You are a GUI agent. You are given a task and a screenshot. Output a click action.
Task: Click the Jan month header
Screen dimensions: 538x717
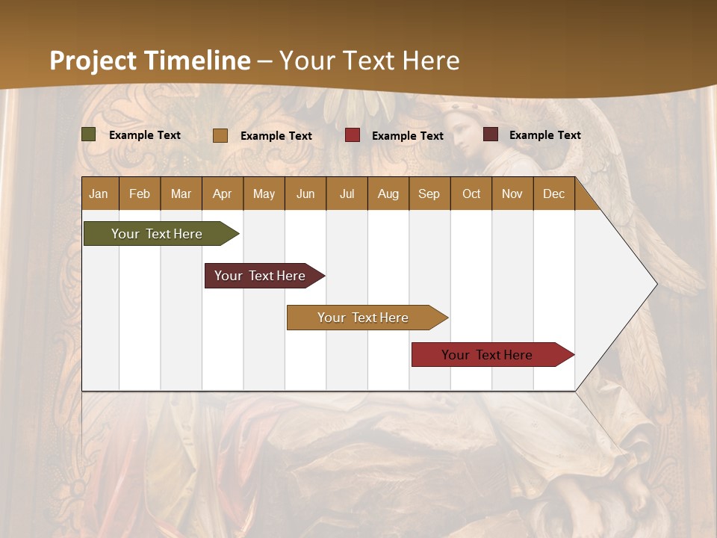coord(99,194)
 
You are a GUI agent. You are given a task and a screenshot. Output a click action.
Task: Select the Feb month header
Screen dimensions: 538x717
coord(140,194)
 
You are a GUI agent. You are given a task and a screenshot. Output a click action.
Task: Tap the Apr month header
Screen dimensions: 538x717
coord(222,194)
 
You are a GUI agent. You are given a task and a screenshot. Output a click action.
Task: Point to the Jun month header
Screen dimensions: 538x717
coord(305,194)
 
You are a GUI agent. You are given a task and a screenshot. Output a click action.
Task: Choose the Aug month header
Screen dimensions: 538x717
coord(388,194)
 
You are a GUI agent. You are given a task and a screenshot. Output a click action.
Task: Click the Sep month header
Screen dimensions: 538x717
coord(429,194)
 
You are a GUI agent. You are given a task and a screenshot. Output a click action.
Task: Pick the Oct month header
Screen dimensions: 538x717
coord(471,194)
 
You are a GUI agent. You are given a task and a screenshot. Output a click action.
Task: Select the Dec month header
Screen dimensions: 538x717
coord(553,194)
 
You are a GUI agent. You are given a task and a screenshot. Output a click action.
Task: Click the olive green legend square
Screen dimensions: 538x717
coord(89,134)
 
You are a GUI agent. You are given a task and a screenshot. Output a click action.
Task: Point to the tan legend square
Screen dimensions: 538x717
coord(220,135)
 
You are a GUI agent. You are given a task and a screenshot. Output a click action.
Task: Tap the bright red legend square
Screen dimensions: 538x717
coord(353,135)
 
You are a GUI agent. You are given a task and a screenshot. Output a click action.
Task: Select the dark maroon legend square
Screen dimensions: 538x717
coord(491,134)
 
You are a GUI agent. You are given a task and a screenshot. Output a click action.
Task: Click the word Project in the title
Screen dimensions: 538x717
coord(93,61)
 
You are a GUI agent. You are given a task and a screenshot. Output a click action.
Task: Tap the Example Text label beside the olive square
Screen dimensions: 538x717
coord(145,135)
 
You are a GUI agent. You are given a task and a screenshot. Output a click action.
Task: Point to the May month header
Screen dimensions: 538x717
coord(264,194)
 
